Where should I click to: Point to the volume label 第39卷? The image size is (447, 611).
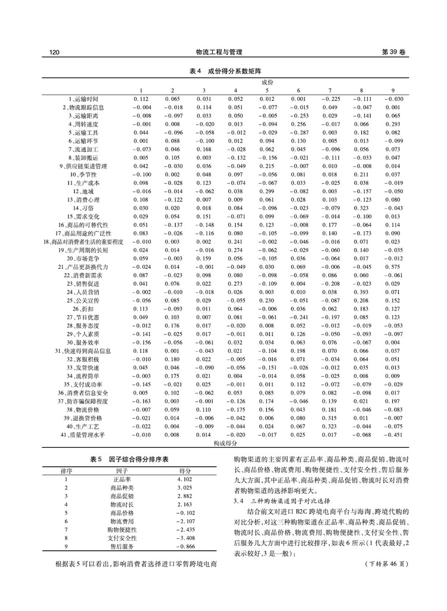point(393,52)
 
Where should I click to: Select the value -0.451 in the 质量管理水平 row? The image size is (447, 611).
point(393,436)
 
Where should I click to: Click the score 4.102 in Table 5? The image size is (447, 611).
point(184,479)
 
